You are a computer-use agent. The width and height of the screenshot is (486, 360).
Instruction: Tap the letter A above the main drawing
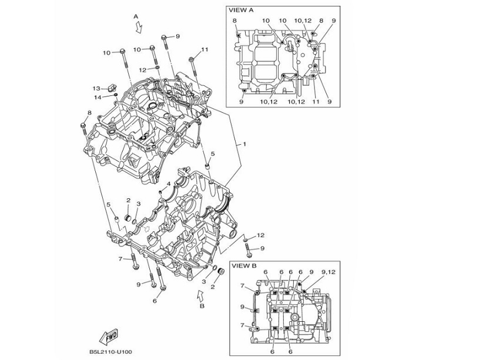[136, 16]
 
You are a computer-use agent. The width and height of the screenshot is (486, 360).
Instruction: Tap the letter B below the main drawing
[202, 306]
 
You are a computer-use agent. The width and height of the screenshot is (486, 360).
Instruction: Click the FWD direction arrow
[109, 338]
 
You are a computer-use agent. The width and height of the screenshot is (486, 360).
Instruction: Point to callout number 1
[244, 144]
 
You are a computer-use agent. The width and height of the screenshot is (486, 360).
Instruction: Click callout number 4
[168, 184]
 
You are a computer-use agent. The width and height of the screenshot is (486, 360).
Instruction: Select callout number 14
[98, 97]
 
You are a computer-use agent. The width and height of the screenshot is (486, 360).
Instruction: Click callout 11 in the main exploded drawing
[205, 49]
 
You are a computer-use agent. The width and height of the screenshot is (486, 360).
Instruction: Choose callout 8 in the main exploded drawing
[89, 113]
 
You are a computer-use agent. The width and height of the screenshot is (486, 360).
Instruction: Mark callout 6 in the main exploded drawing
[155, 301]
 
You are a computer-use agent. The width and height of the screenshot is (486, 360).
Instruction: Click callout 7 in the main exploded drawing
[119, 258]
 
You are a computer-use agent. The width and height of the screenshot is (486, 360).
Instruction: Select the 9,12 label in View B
[329, 272]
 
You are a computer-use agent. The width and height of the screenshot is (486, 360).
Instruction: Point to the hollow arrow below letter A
[138, 27]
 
